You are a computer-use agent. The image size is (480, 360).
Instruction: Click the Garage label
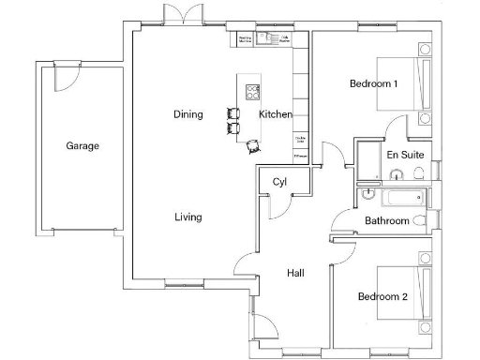(x=82, y=146)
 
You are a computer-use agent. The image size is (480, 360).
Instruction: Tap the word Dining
(x=187, y=114)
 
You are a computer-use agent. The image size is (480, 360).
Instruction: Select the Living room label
(x=187, y=217)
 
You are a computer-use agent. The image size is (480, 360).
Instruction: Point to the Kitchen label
(x=276, y=114)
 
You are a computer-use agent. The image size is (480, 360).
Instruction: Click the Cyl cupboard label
(x=279, y=182)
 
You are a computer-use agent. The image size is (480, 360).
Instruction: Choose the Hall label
(x=295, y=273)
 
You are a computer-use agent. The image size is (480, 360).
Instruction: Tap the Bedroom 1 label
(x=373, y=84)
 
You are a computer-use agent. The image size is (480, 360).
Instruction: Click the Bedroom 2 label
(x=382, y=297)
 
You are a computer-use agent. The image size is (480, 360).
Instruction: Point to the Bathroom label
(x=387, y=221)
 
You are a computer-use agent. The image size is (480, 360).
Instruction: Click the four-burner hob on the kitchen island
(x=253, y=91)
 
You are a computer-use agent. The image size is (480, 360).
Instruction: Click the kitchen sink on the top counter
(x=270, y=39)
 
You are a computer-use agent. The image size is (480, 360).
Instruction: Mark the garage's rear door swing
(x=66, y=79)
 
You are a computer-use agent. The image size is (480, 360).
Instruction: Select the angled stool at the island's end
(x=254, y=145)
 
